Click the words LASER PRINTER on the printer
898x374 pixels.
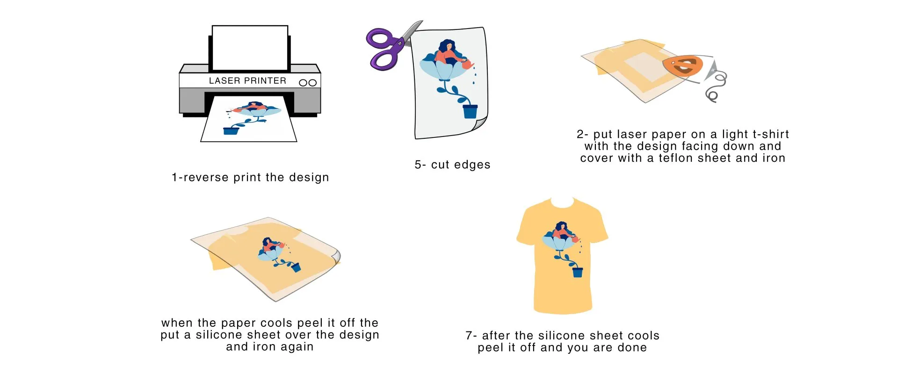[247, 81]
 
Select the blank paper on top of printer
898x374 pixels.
[250, 48]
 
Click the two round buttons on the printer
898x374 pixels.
[308, 83]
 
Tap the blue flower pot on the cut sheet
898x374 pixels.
[470, 111]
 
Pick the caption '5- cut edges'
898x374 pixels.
[452, 165]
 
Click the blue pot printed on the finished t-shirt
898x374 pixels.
[578, 272]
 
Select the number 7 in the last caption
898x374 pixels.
[469, 336]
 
